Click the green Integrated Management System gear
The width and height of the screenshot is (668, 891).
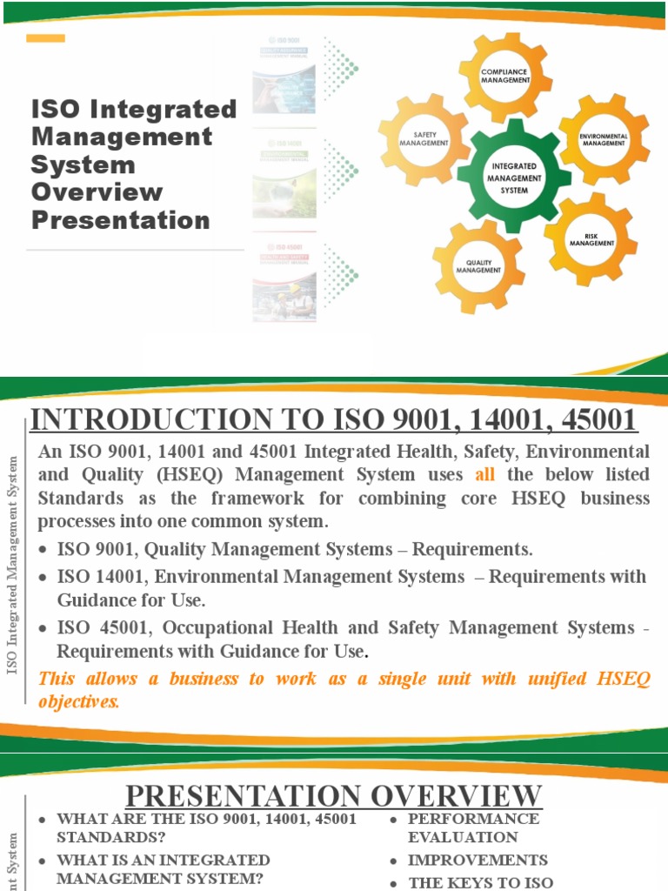514,178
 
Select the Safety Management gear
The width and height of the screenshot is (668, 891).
424,139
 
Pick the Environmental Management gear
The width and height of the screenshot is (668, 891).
604,139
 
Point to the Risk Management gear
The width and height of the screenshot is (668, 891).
591,239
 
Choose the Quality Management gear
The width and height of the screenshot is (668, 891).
478,266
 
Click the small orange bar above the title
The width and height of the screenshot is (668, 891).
46,38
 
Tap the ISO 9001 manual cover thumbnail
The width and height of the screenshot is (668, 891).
284,76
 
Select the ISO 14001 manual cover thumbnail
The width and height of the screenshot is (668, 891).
284,175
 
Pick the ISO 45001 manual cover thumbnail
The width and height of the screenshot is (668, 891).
284,280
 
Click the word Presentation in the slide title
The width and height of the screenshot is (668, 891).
121,220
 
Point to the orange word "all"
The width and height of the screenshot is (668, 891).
484,475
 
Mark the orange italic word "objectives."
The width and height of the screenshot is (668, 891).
79,702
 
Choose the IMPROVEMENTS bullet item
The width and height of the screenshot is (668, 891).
478,860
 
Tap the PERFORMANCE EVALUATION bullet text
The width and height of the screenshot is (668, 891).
472,827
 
